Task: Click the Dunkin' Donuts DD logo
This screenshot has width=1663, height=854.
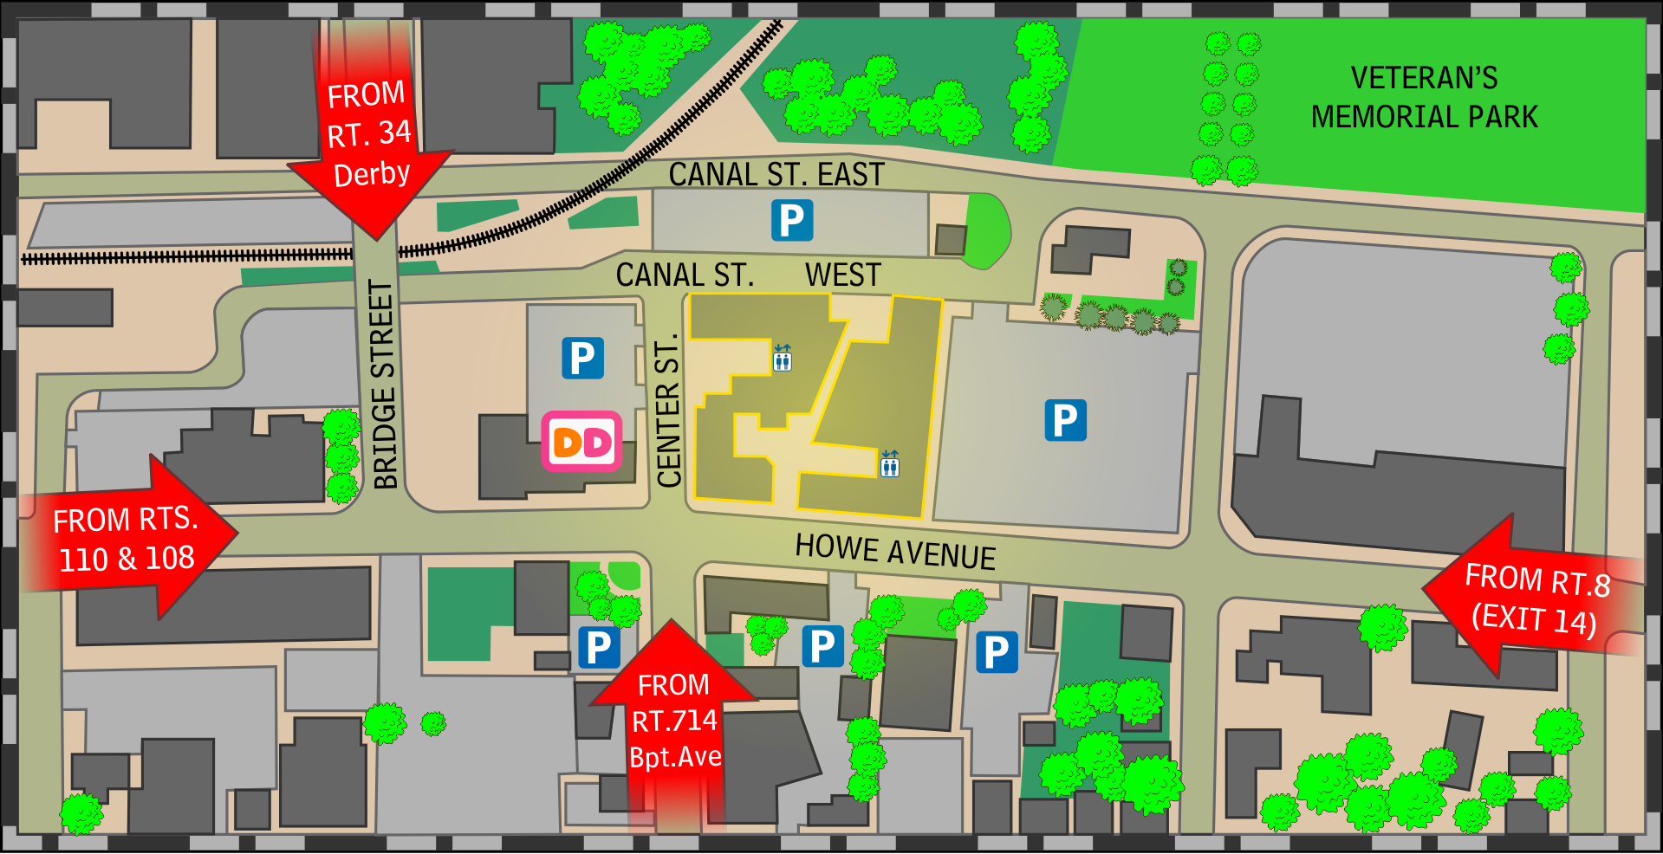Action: point(582,442)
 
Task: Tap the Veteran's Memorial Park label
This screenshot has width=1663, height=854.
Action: point(1424,97)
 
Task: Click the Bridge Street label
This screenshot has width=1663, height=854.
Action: point(384,384)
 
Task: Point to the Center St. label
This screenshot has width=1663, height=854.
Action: point(668,411)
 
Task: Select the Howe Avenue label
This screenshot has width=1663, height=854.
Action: point(895,552)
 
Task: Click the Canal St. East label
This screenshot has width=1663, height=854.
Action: point(776,174)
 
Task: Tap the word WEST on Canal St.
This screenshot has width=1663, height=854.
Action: point(842,275)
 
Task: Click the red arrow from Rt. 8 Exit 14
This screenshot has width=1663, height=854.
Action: point(1534,598)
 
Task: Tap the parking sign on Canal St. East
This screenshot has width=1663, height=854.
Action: point(792,220)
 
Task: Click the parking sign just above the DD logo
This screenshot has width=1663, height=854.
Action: point(582,358)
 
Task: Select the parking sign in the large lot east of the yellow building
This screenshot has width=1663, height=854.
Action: point(1065,420)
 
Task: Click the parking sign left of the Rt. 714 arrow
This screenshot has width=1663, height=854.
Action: point(598,648)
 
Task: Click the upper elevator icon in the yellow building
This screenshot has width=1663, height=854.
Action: point(782,358)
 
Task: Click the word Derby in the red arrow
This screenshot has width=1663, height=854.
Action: point(372,174)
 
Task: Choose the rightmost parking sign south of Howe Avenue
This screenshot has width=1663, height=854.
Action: point(997,652)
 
